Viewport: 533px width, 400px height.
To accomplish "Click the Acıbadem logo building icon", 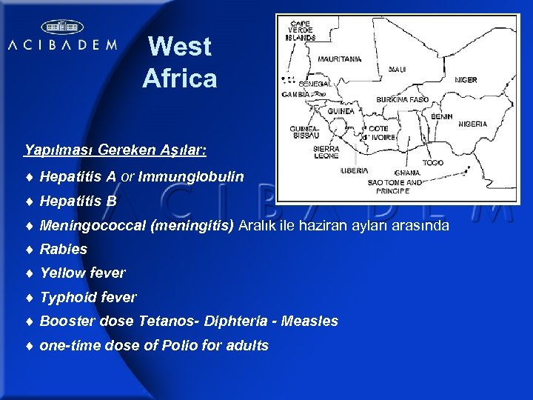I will click(x=61, y=27).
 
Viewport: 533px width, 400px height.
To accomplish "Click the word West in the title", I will click(x=180, y=47).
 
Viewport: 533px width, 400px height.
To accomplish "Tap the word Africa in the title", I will click(x=180, y=78).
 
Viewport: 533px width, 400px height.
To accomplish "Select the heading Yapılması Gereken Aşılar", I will click(x=115, y=150).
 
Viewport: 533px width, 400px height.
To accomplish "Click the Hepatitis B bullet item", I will click(x=78, y=201).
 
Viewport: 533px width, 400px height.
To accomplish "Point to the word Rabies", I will click(x=64, y=249).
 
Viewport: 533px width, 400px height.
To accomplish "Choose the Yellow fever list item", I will click(x=82, y=273).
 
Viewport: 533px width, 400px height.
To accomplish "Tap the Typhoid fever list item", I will click(x=88, y=297).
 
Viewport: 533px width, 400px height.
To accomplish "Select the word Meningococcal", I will click(x=93, y=225).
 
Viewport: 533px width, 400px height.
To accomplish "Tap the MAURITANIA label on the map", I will click(x=339, y=59).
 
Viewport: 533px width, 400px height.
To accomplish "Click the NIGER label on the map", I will click(x=466, y=79).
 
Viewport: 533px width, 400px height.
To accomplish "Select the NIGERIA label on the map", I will click(x=472, y=124).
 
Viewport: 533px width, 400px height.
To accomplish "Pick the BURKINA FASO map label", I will click(x=402, y=99).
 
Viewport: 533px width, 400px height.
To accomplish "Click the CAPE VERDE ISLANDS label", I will click(x=301, y=30).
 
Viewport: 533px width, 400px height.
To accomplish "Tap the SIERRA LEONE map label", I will click(x=326, y=152).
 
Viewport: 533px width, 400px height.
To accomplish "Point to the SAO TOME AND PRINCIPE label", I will click(x=395, y=186).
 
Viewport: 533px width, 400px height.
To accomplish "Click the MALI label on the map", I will click(x=398, y=69).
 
